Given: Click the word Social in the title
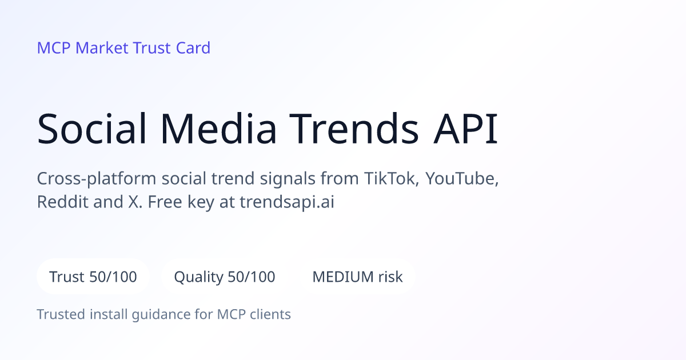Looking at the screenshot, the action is click(91, 128).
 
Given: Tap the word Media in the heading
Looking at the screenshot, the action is click(218, 128).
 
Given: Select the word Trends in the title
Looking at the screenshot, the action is click(354, 128).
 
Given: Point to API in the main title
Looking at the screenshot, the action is click(465, 128).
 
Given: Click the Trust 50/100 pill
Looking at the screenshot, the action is click(93, 277).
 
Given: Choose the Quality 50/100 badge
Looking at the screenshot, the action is click(225, 277).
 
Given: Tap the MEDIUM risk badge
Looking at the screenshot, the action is click(357, 277).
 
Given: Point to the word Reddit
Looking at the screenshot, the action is click(63, 202).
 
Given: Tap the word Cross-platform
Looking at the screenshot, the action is click(97, 179).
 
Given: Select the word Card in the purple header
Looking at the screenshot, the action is click(193, 48).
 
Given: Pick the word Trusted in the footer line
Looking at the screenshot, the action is click(61, 314).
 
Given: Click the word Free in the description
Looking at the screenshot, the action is click(165, 202).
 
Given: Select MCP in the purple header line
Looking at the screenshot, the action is click(54, 48).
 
